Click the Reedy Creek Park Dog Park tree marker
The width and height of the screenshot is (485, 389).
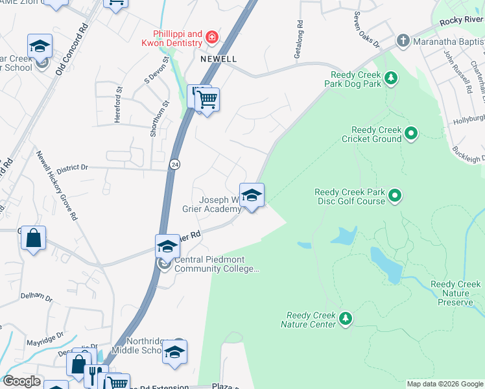[390, 78]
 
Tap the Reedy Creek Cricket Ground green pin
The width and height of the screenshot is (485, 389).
[410, 135]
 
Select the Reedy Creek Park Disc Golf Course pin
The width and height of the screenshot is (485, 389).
[396, 194]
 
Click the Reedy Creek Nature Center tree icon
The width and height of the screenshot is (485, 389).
[346, 318]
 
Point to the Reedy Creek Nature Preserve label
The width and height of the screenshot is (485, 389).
[455, 293]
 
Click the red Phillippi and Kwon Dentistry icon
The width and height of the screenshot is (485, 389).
[211, 38]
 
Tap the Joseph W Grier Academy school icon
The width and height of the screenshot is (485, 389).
[252, 194]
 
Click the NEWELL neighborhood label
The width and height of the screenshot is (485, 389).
[219, 58]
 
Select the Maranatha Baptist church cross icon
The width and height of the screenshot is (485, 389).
[403, 41]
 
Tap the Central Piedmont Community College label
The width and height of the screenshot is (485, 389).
[217, 265]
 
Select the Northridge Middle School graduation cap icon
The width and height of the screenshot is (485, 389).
[174, 351]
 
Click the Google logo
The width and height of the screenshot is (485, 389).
[22, 382]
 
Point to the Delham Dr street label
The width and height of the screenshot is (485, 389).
[36, 296]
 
